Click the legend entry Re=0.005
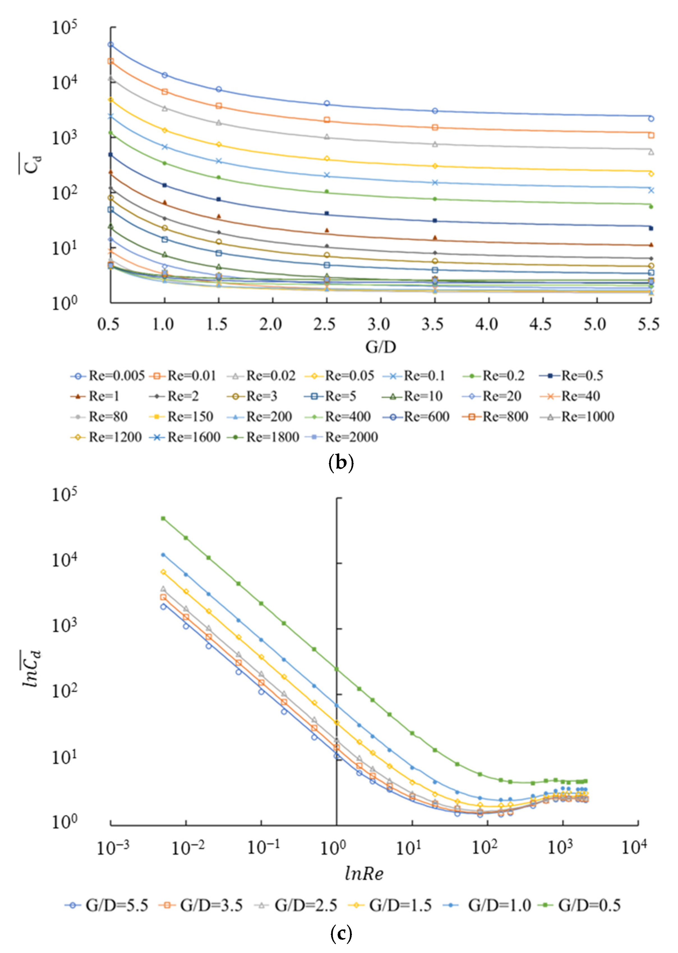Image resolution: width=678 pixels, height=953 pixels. pyautogui.click(x=107, y=376)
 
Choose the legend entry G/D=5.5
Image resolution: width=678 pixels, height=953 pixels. pyautogui.click(x=107, y=905)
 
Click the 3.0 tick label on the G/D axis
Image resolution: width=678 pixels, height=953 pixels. pyautogui.click(x=379, y=324)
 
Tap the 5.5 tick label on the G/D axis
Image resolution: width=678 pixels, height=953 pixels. pyautogui.click(x=648, y=324)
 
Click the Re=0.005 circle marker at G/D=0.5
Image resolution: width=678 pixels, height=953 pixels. pyautogui.click(x=111, y=45)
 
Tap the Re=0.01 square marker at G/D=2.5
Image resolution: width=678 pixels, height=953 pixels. pyautogui.click(x=327, y=120)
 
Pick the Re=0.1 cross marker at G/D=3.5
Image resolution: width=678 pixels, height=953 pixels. pyautogui.click(x=435, y=183)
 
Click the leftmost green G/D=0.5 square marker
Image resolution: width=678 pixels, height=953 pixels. pyautogui.click(x=163, y=518)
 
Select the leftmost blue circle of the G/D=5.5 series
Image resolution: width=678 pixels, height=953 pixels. pyautogui.click(x=163, y=606)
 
